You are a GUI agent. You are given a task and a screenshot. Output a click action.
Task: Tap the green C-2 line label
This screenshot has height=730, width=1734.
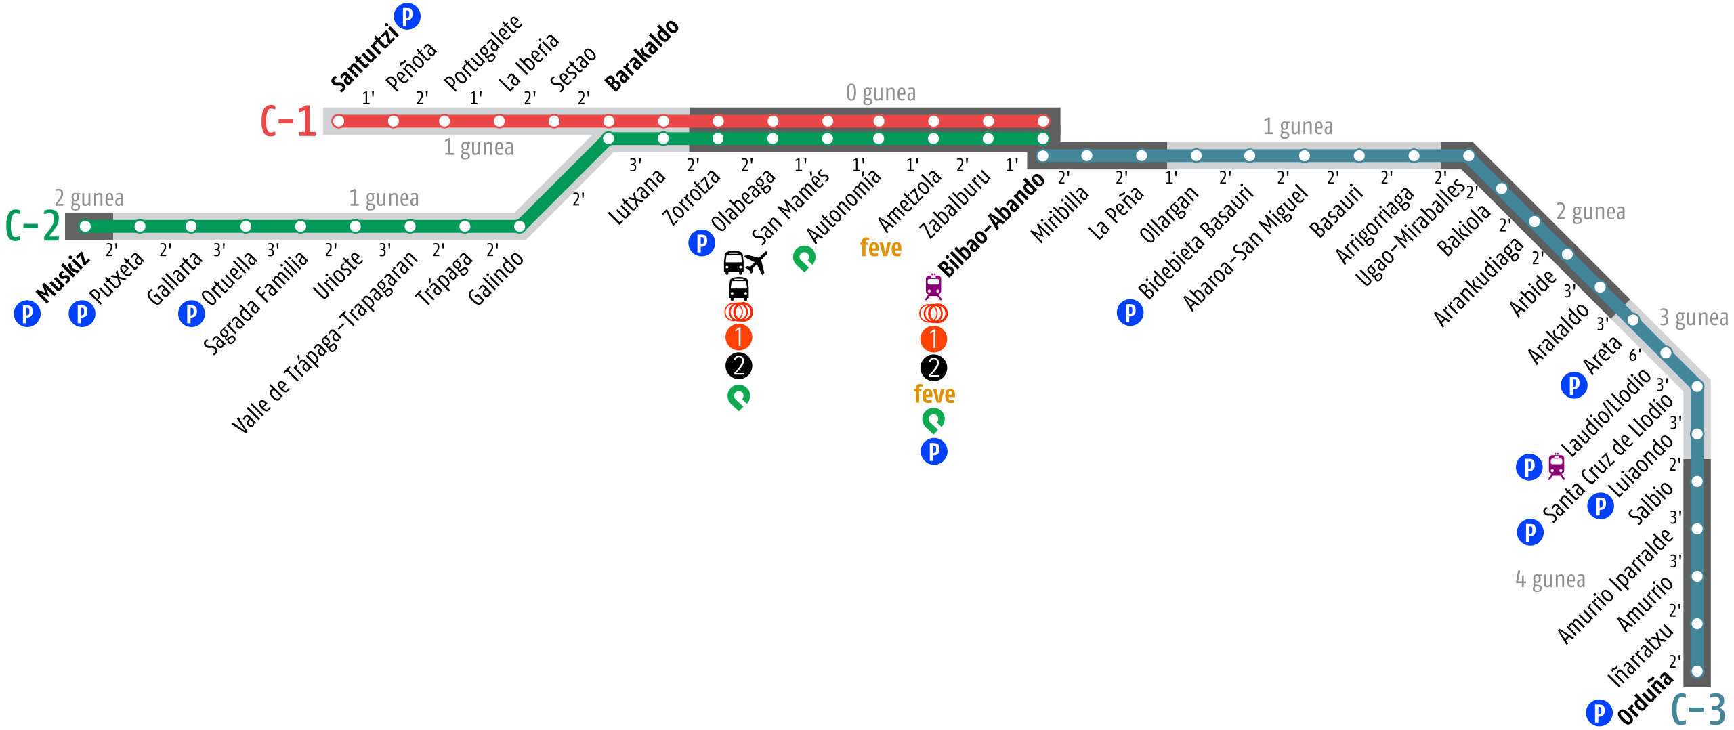click(x=33, y=226)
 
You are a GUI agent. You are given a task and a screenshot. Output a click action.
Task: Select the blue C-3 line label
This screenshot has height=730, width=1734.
click(x=1698, y=709)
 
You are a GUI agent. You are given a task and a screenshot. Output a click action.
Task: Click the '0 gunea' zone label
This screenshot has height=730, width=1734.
click(x=881, y=93)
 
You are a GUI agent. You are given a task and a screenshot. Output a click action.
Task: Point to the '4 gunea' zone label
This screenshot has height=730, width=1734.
click(x=1550, y=580)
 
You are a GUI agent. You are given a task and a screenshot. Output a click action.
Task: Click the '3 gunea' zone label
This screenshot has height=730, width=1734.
click(x=1693, y=318)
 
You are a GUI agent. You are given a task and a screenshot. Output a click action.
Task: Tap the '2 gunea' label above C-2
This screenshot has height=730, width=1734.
click(x=89, y=198)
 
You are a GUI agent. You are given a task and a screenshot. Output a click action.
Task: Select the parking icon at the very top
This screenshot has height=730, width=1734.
click(x=407, y=16)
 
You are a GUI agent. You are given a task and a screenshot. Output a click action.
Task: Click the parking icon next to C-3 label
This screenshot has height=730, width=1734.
click(x=1599, y=712)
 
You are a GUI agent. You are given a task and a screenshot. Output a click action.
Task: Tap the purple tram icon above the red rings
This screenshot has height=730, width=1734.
click(x=933, y=286)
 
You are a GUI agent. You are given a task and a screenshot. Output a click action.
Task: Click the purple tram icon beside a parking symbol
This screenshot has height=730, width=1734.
click(x=1557, y=467)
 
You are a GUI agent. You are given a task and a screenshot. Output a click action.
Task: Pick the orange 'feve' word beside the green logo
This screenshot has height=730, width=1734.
click(x=881, y=248)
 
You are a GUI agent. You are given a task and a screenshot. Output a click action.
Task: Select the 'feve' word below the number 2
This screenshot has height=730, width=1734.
click(x=934, y=394)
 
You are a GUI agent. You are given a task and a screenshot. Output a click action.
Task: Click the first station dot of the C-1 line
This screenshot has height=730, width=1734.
click(x=339, y=121)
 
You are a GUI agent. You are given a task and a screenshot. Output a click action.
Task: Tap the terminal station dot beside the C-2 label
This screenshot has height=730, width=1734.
click(x=85, y=226)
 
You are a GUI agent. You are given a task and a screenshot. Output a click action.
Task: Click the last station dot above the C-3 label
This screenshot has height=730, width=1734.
click(x=1697, y=671)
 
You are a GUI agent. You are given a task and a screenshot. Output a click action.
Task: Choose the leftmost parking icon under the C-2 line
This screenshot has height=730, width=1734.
click(x=27, y=314)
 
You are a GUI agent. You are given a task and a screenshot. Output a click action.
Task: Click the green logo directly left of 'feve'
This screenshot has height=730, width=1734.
click(x=804, y=258)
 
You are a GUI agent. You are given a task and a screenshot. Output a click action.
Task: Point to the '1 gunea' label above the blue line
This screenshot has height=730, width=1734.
click(x=1298, y=127)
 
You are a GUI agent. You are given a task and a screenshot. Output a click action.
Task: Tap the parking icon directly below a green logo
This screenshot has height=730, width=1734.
click(x=934, y=451)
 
